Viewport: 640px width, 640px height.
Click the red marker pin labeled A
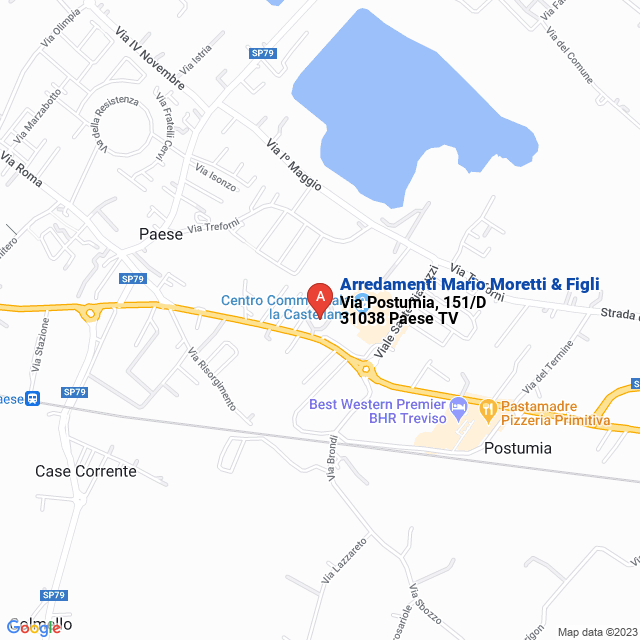coord(319,298)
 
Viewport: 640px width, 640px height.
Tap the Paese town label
coord(160,234)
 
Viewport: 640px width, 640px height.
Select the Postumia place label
coord(517,448)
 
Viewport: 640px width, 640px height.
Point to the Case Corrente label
coord(85,470)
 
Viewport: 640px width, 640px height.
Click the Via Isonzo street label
coord(215,177)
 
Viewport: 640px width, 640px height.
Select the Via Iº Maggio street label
coord(294,166)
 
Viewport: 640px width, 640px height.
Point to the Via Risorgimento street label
coord(211,379)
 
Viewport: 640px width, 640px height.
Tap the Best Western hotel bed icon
coord(459,406)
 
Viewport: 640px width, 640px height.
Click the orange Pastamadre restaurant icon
coord(488,408)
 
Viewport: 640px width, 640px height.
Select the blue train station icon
coord(33,399)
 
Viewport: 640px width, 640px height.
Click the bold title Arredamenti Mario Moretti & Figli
coord(470,284)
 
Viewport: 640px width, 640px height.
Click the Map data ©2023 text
coord(596,631)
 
